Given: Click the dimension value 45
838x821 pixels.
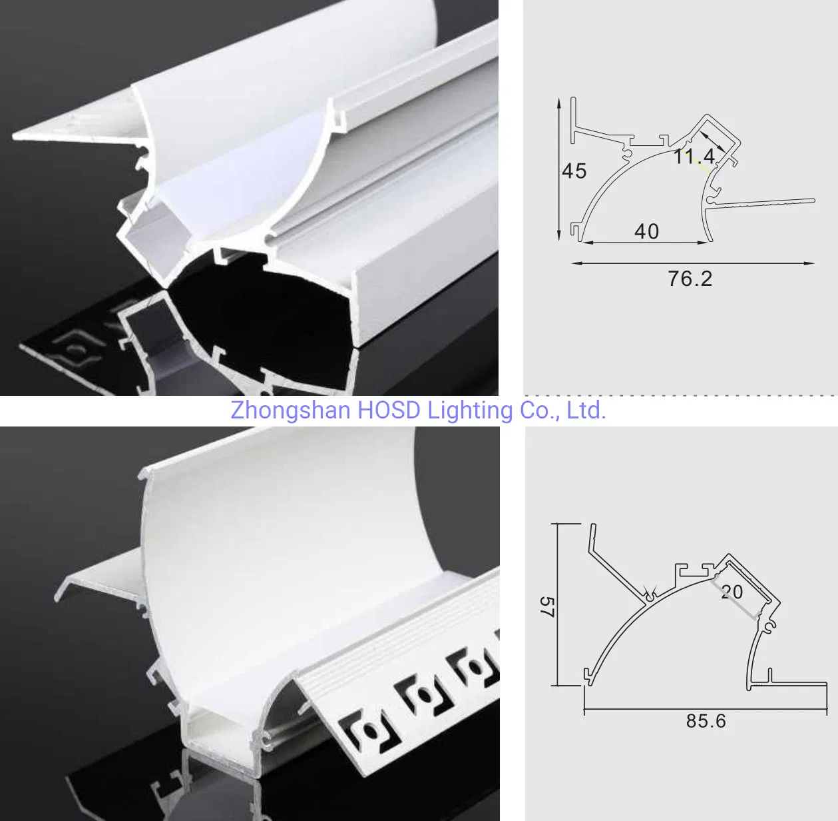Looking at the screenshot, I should [574, 171].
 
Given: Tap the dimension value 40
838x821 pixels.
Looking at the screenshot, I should [646, 231].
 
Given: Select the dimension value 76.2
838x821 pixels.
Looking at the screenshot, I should [690, 279].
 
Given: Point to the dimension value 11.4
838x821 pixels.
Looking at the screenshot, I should [694, 157].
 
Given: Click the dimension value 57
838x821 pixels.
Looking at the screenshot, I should [546, 606].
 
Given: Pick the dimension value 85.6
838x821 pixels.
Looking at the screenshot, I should [706, 721].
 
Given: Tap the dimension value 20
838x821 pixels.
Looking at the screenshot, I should [732, 592].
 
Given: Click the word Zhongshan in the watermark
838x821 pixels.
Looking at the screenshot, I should [290, 410].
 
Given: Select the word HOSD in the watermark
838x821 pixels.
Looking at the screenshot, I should [389, 410].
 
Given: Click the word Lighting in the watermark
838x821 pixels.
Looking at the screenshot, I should [470, 410].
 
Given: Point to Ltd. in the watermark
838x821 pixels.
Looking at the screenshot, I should [586, 410].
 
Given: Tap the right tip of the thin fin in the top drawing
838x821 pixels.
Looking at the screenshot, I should [813, 199].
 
